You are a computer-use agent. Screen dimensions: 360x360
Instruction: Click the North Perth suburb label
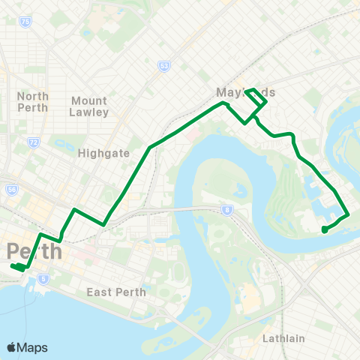33,101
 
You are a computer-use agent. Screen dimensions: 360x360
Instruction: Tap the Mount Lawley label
90,106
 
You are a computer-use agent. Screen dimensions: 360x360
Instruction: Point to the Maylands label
245,92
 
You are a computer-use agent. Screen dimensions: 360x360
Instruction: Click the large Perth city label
33,251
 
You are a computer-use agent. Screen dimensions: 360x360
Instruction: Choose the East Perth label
116,292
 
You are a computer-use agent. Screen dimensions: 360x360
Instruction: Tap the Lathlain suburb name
283,338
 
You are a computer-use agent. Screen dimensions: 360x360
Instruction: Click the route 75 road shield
26,22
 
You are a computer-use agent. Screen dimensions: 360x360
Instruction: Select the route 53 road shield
163,66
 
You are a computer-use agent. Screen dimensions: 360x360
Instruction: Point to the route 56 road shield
12,190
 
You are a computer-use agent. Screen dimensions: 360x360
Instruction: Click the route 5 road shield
44,279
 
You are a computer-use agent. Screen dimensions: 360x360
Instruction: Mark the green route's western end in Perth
13,266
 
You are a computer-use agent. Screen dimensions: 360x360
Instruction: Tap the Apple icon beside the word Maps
11,347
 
